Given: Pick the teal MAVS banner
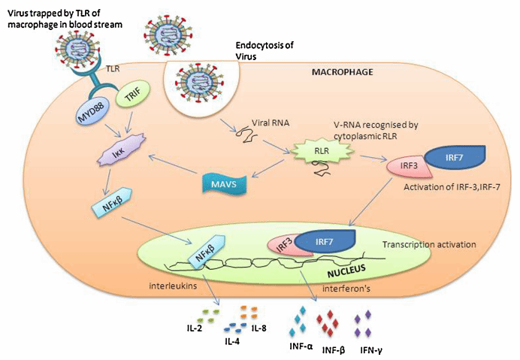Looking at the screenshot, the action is coord(224,183).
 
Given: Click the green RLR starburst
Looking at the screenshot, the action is coord(322,151).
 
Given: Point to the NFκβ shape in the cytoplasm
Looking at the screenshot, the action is coord(112,203).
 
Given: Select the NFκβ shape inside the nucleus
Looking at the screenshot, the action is coord(206,252).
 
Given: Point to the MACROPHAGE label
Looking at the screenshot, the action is coord(342,71).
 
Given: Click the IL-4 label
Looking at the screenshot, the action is coord(232,341).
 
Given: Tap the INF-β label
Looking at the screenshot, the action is coord(334,350).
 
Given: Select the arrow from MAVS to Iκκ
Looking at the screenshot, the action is coord(172,164).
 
